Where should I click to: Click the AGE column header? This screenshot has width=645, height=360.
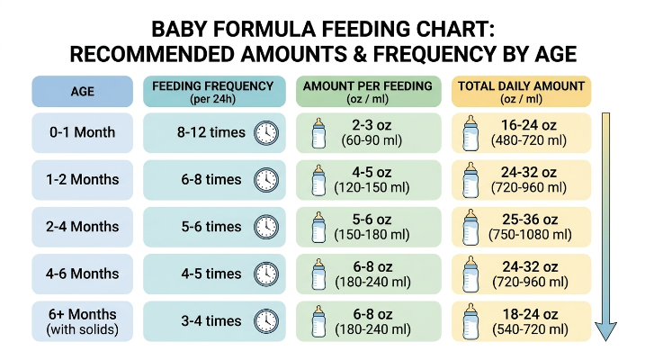(x=82, y=91)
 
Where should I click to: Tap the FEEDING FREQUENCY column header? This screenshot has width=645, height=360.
(x=214, y=91)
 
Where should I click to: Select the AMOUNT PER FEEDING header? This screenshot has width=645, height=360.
(x=369, y=91)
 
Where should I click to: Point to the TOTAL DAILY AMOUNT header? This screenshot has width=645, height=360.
(x=521, y=91)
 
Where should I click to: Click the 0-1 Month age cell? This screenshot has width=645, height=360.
(x=82, y=133)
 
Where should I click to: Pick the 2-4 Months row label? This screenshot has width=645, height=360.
(x=82, y=227)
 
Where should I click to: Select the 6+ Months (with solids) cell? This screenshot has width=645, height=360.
(x=82, y=321)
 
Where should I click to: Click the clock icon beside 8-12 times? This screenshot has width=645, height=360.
(x=266, y=133)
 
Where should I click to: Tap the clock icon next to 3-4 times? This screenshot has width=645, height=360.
(x=266, y=321)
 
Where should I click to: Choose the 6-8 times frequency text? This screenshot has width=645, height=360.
(x=211, y=180)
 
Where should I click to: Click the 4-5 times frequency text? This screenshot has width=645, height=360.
(x=211, y=274)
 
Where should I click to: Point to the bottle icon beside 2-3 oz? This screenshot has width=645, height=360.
(x=318, y=133)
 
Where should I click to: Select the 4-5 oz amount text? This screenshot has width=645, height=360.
(x=372, y=173)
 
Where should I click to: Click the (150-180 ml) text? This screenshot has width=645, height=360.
(x=372, y=235)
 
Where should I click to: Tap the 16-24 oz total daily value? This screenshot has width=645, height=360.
(x=529, y=125)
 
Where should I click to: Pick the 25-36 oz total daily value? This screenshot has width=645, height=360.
(x=530, y=220)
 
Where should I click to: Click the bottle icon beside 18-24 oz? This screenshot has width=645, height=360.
(x=471, y=321)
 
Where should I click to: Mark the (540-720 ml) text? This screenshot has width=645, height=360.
(x=530, y=329)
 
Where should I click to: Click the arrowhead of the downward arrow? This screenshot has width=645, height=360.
(x=606, y=331)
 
